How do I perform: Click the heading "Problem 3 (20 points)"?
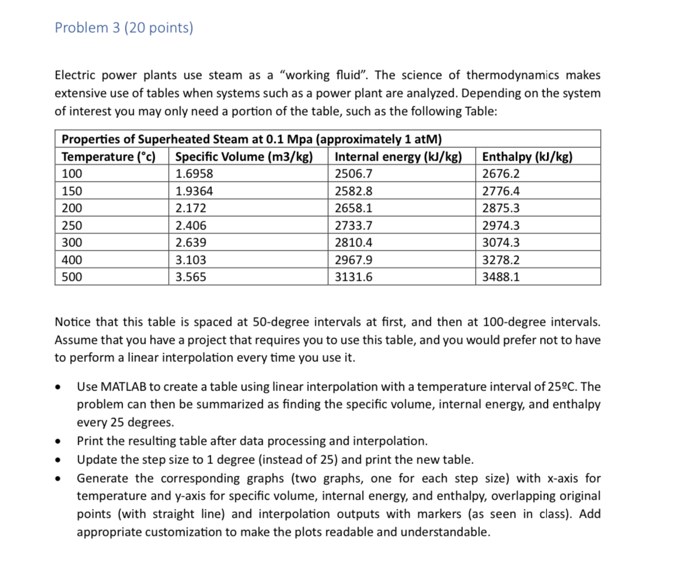pos(124,28)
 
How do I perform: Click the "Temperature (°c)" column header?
pos(108,156)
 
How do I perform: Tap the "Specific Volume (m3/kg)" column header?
pos(244,156)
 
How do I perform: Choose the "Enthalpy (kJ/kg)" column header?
pos(527,156)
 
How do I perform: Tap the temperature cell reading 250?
pos(72,226)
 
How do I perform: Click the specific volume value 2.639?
pos(191,243)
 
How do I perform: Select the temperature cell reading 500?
pos(72,277)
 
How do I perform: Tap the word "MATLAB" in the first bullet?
pos(127,387)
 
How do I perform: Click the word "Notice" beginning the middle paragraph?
pos(72,322)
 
